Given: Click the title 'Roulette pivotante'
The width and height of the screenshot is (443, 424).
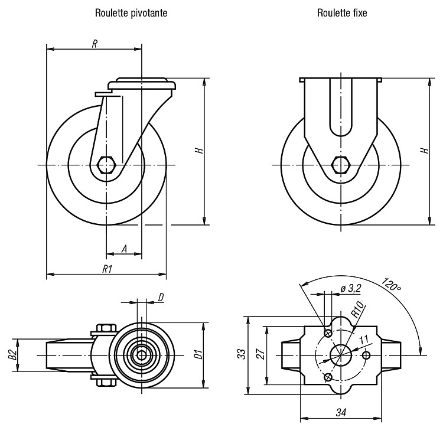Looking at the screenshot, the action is pos(131,13).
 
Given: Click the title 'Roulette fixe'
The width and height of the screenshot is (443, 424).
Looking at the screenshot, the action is pos(342,13).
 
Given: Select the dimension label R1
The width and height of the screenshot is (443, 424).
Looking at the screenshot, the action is pos(108,269).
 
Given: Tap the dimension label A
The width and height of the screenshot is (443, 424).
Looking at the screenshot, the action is pos(124,249).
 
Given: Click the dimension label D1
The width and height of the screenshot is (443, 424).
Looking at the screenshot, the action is pos(199,354).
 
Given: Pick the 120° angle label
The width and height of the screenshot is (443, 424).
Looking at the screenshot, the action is pos(391,285).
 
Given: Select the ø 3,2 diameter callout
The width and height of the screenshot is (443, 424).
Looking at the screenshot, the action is pos(351,288).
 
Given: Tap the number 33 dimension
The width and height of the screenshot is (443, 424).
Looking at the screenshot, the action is pos(242,354).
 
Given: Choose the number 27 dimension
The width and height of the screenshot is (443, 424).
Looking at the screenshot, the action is pos(260,354).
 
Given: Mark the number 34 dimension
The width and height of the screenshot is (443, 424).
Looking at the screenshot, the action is pos(341,413).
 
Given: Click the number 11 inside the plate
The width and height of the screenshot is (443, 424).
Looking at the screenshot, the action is pos(364,339).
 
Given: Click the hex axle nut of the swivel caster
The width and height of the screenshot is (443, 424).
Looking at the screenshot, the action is pos(106,164).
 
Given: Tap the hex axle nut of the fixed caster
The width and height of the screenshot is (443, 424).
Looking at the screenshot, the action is pos(341,164).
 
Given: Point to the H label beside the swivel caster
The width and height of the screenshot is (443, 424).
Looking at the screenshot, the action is pos(200,150).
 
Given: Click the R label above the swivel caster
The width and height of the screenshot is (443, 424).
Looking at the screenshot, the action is pos(95,44).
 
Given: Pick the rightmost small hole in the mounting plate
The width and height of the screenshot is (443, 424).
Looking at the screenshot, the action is pos(366,355).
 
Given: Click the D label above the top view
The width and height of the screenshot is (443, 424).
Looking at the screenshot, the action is pos(161,298).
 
